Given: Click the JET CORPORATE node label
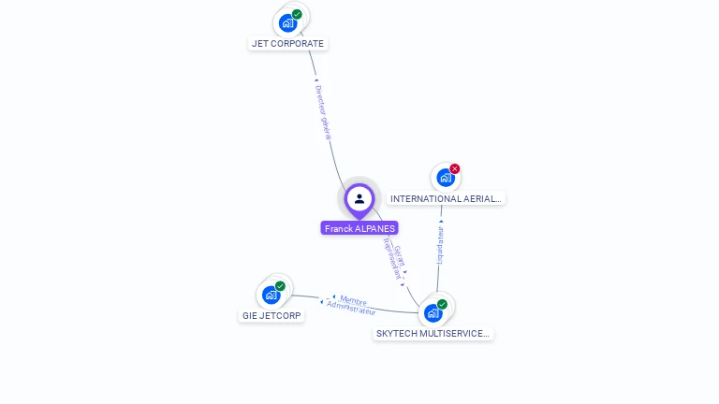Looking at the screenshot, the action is pos(287,44).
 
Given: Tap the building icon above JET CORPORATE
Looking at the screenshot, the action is pos(287,22).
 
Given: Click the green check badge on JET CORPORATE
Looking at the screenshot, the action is pos(297,14).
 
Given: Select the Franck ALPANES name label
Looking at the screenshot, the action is pos(359,228).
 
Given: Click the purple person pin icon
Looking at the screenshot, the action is pos(359,198).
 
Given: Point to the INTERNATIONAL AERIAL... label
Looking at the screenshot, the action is pos(447,199).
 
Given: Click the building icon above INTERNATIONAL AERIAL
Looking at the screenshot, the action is pos(445,177).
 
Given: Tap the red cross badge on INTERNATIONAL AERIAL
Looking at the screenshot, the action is pos(455,169).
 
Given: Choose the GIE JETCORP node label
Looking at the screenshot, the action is pos(271,316).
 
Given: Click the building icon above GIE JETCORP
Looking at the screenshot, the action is pos(271,295).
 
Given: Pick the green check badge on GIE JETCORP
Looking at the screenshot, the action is pos(280,286).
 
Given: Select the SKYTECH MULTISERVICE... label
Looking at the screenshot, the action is pos(433,334).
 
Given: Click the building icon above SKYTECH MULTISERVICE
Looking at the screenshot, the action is pos(433,312).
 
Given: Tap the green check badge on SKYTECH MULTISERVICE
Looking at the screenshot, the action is pos(442,304).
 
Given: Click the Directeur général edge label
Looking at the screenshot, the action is pos(324,111).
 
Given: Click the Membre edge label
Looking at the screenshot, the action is pos(353,300).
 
